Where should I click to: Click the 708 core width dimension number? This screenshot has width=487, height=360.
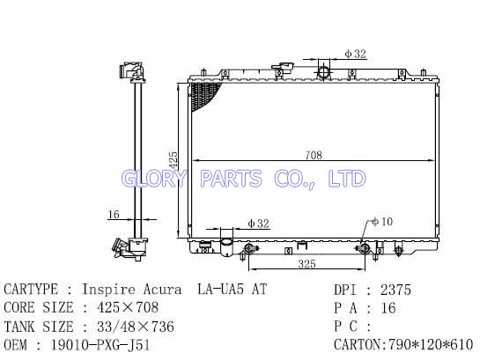(x=314, y=155)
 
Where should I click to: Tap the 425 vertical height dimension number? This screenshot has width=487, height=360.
(x=173, y=160)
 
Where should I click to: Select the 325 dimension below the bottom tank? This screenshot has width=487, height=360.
(x=306, y=264)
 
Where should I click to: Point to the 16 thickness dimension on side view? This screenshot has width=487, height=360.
(x=114, y=215)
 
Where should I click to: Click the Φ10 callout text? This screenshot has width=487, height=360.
(x=382, y=222)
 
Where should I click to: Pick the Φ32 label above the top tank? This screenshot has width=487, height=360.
(x=356, y=54)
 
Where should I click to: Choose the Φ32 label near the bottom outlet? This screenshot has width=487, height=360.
(x=258, y=224)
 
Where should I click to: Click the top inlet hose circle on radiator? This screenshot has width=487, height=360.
(x=323, y=72)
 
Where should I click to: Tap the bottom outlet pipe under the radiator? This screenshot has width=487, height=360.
(x=226, y=247)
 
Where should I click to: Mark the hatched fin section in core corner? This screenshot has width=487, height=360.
(x=203, y=95)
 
